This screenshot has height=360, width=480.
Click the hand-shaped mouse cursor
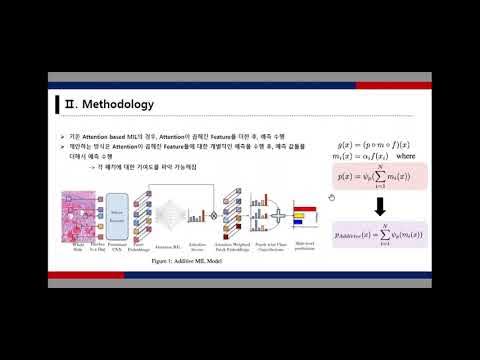coord(330,197)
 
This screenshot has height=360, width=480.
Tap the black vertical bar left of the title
coord(56,105)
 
